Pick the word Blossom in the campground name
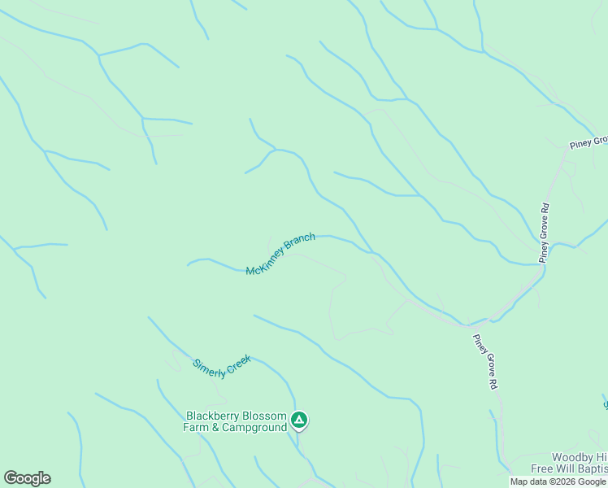(x=266, y=416)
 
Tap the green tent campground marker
(x=299, y=420)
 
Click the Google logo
(x=27, y=478)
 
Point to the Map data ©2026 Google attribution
(x=558, y=481)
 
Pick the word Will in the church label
(x=567, y=468)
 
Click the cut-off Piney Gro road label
(x=588, y=142)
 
